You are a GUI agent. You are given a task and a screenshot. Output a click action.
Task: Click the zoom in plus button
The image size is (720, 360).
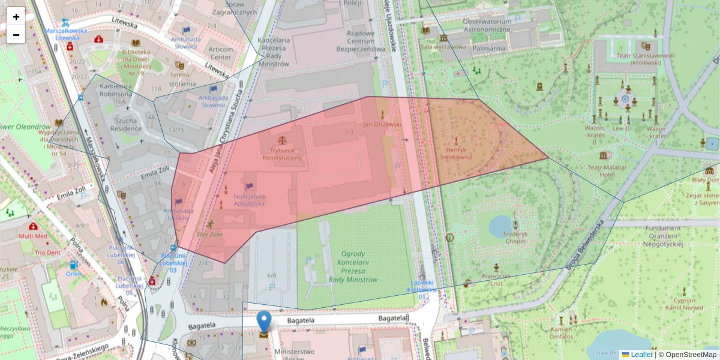16,16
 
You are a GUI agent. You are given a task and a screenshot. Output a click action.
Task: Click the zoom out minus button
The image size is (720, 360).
16,34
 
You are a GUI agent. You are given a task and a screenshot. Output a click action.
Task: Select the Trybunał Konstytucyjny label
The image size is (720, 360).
282,154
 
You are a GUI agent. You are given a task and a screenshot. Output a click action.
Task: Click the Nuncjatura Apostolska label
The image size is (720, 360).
249,200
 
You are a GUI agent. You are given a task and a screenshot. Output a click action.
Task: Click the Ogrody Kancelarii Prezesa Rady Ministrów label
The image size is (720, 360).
352,266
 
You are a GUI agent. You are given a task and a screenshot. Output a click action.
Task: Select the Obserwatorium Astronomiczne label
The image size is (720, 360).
486,25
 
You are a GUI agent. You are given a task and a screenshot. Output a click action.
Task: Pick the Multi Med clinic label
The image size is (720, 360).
32,236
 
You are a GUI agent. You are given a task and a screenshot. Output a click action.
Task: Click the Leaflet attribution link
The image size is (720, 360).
641,355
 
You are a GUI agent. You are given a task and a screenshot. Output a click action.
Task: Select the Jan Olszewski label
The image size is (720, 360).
382,124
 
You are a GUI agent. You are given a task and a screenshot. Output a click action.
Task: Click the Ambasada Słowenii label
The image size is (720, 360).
213,101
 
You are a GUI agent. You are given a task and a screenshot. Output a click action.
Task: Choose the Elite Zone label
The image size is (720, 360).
210,234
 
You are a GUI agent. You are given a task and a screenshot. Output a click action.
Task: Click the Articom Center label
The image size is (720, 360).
221,53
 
